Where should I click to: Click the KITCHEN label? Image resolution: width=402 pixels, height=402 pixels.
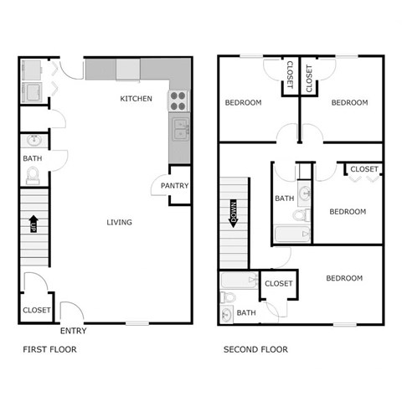pos(136,99)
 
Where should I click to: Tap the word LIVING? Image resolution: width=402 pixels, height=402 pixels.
pos(119,222)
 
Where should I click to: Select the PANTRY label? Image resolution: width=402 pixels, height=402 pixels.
pos(175,186)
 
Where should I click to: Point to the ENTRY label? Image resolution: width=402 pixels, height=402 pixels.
pos(73,331)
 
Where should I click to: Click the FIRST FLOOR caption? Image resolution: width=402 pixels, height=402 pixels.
pos(49,349)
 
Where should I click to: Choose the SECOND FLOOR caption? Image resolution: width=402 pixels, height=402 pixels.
pos(255,349)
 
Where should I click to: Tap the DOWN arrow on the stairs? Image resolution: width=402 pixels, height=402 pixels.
pos(235,218)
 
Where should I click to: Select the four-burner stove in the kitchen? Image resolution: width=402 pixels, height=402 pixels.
pos(178,101)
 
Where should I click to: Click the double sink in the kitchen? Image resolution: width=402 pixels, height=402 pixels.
pos(180,130)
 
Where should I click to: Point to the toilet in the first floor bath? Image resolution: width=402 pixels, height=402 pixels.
pos(33,175)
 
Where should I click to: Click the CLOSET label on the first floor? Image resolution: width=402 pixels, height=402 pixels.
pos(36,310)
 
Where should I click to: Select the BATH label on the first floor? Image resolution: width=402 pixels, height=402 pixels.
pos(32,158)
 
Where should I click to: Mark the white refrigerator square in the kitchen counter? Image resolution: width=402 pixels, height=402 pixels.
pos(128,69)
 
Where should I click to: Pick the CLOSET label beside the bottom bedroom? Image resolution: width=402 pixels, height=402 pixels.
pos(278,284)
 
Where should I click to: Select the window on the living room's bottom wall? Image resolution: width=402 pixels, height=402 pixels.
pos(137,322)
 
